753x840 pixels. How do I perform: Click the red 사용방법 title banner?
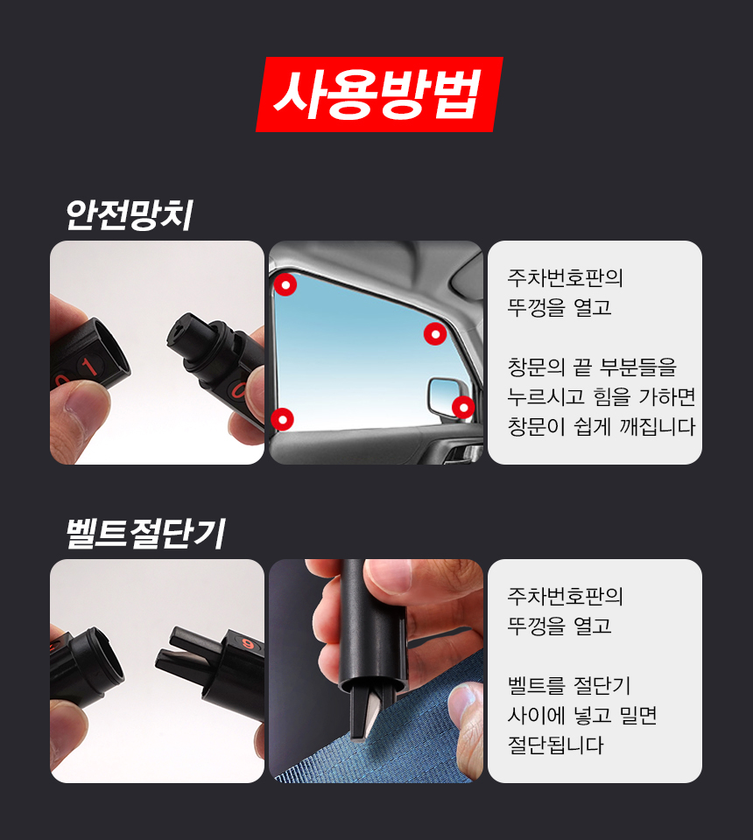pyautogui.click(x=379, y=94)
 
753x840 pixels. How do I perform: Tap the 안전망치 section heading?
pyautogui.click(x=129, y=215)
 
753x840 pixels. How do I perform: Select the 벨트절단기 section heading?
pyautogui.click(x=145, y=534)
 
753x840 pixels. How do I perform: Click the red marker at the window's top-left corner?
pyautogui.click(x=285, y=284)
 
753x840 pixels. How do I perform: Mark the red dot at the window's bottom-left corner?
pyautogui.click(x=282, y=419)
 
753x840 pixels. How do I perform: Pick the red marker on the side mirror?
pyautogui.click(x=463, y=408)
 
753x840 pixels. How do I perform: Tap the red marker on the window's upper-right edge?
pyautogui.click(x=435, y=333)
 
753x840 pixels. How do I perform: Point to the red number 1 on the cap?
pyautogui.click(x=89, y=367)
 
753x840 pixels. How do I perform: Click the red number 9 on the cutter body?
pyautogui.click(x=248, y=643)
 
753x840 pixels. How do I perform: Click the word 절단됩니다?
pyautogui.click(x=555, y=745)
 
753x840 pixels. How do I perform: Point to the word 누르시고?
pyautogui.click(x=545, y=397)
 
